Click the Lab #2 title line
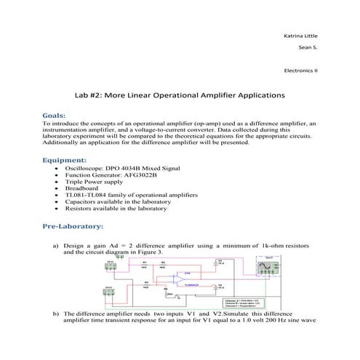pyautogui.click(x=180, y=95)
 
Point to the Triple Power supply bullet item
pyautogui.click(x=94, y=181)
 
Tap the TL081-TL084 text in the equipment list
pyautogui.click(x=88, y=195)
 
